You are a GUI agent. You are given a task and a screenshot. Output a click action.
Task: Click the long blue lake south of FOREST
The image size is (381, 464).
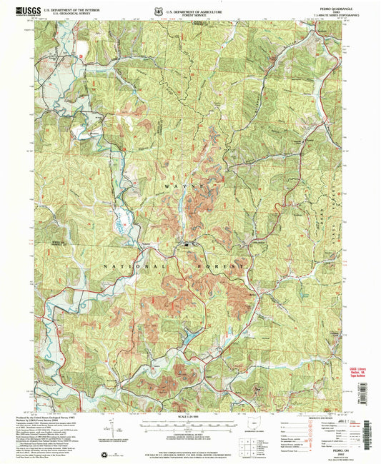188,336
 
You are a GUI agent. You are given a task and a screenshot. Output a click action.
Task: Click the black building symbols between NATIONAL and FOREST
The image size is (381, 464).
188,246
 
